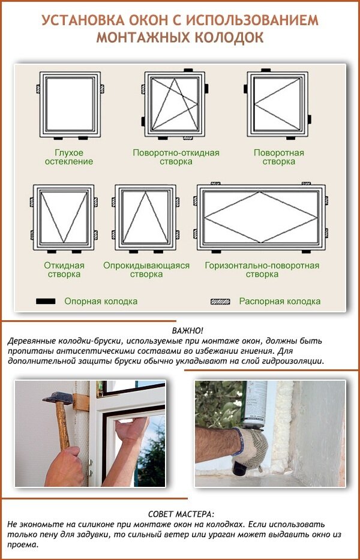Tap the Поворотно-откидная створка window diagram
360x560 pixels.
(x=176, y=104)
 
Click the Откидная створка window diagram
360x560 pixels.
(x=63, y=216)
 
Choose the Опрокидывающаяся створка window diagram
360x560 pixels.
(x=146, y=216)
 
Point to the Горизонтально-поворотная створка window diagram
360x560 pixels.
(x=262, y=216)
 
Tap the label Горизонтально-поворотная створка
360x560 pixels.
(x=262, y=270)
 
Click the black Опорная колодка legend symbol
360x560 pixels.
(x=46, y=301)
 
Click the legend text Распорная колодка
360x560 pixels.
(x=280, y=302)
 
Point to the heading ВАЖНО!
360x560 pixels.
(x=187, y=331)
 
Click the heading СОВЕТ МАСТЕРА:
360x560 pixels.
(x=181, y=514)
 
